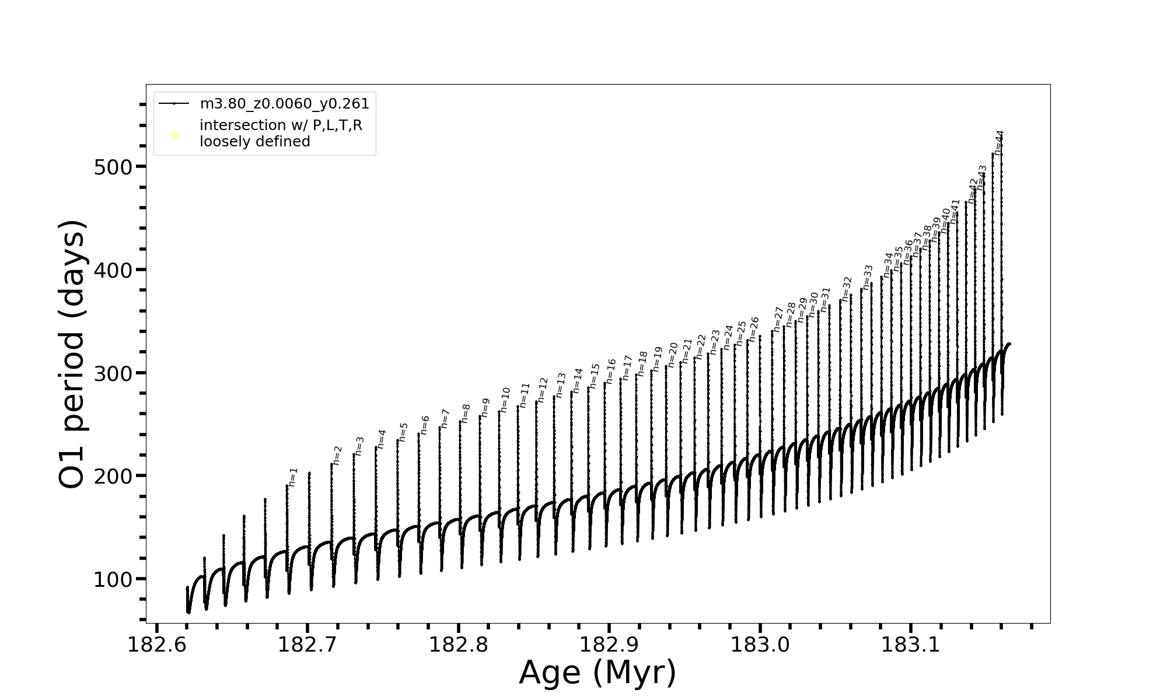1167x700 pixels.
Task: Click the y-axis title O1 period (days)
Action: tap(73, 354)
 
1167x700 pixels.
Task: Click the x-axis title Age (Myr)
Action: tap(598, 673)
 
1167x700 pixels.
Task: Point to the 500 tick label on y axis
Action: tap(113, 167)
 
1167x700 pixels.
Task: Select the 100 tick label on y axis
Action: tap(113, 579)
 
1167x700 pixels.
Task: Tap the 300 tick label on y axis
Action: tap(113, 373)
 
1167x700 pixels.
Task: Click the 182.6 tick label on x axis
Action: tap(156, 645)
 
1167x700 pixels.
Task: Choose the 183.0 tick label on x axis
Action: tap(760, 645)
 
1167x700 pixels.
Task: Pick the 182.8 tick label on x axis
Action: tap(459, 645)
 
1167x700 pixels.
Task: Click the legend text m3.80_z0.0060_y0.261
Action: tap(285, 104)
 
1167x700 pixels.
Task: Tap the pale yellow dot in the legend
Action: tap(174, 135)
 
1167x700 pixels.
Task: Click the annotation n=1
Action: tap(293, 477)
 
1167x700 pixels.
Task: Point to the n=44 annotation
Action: tap(999, 142)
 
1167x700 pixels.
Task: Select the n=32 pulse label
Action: tap(847, 289)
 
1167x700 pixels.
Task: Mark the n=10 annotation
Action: tap(505, 398)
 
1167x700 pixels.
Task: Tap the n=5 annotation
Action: tap(403, 432)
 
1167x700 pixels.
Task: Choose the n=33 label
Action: tap(868, 277)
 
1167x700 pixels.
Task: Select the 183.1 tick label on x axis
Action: tap(911, 645)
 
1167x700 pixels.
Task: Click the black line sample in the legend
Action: tap(174, 104)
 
